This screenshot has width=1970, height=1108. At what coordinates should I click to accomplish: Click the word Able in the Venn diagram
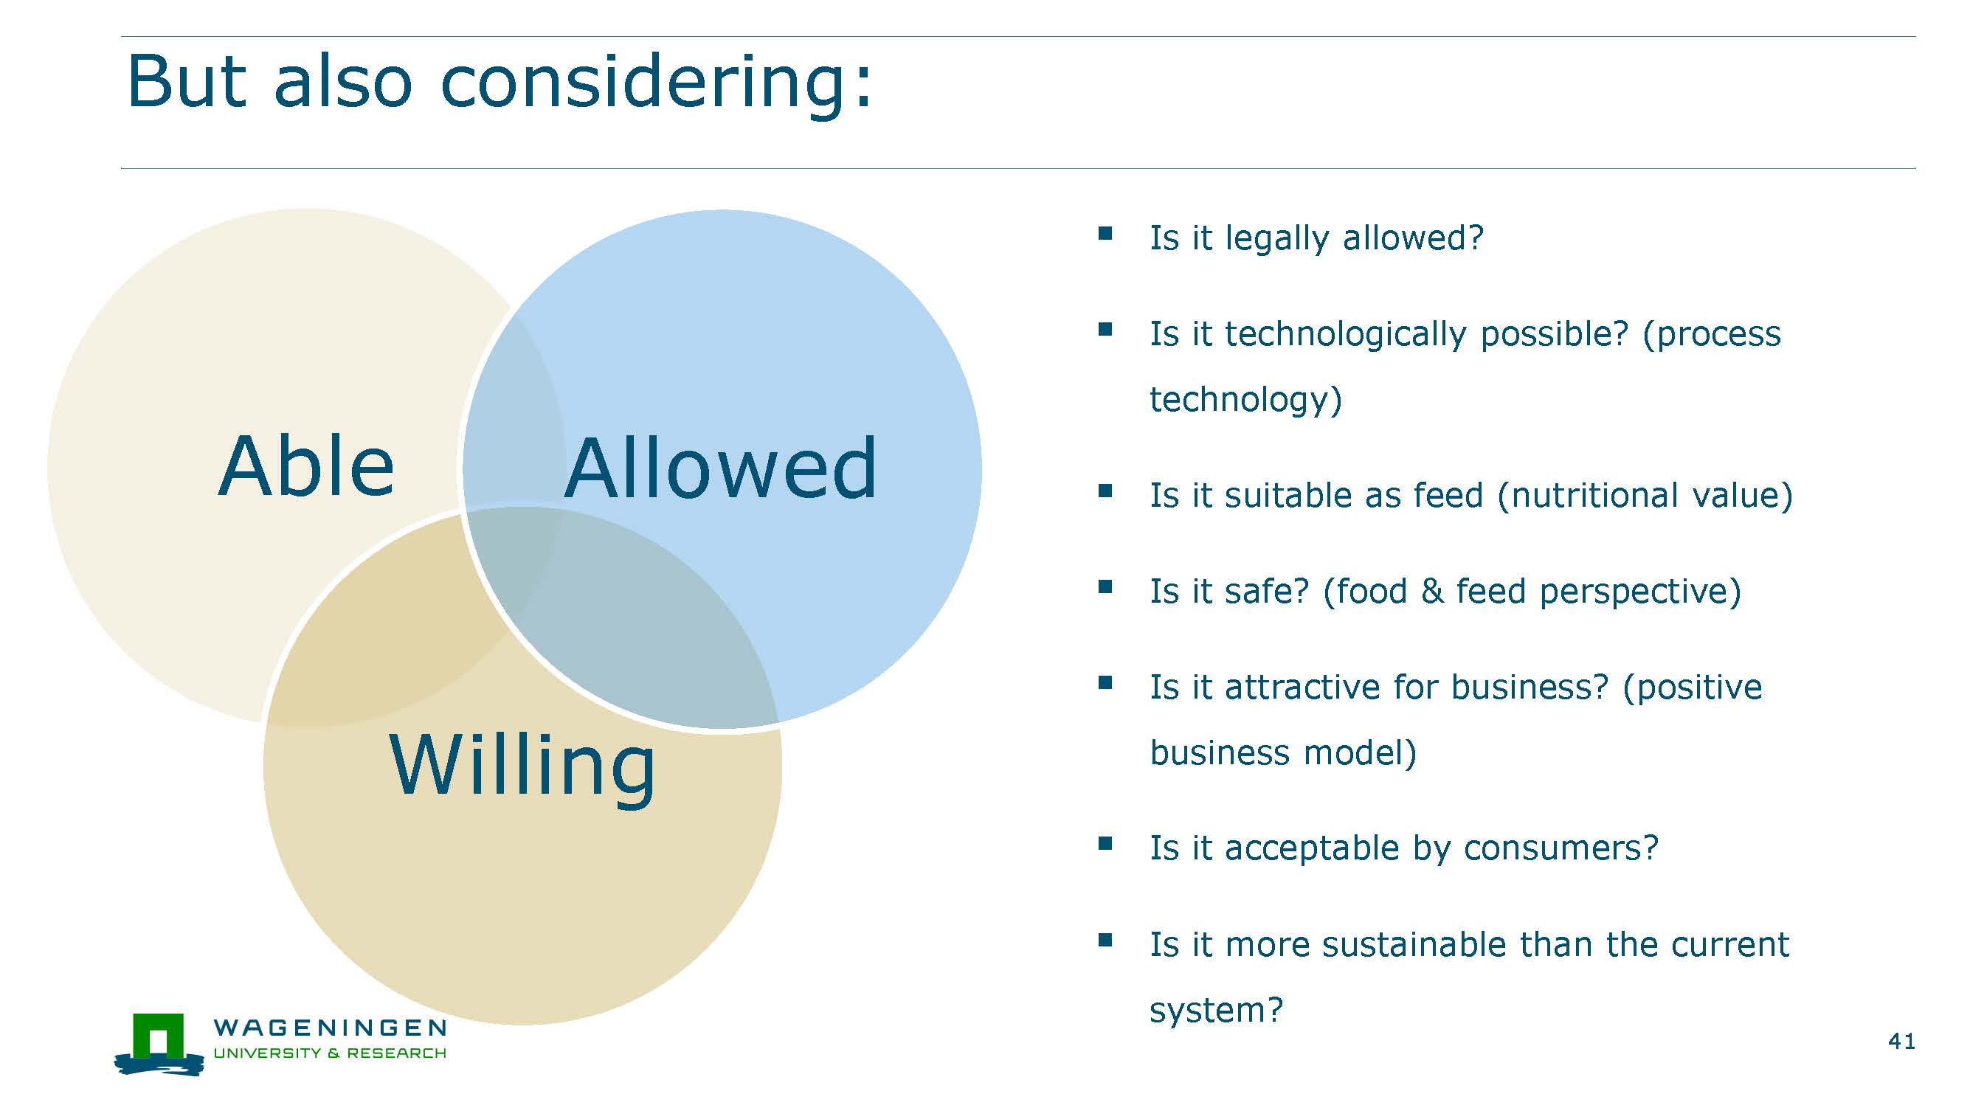point(306,465)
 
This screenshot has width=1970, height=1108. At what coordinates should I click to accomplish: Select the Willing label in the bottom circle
point(522,768)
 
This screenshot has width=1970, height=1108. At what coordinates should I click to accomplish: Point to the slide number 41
point(1901,1041)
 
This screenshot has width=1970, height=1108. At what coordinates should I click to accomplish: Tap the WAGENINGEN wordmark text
point(330,1027)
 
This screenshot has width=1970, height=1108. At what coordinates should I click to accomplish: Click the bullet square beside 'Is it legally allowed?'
point(1105,233)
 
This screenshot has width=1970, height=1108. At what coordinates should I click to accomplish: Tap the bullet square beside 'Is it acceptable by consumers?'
point(1105,843)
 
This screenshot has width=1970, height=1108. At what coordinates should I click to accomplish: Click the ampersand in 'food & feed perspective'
point(1431,591)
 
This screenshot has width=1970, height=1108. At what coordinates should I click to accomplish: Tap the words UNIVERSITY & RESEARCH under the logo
point(330,1053)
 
